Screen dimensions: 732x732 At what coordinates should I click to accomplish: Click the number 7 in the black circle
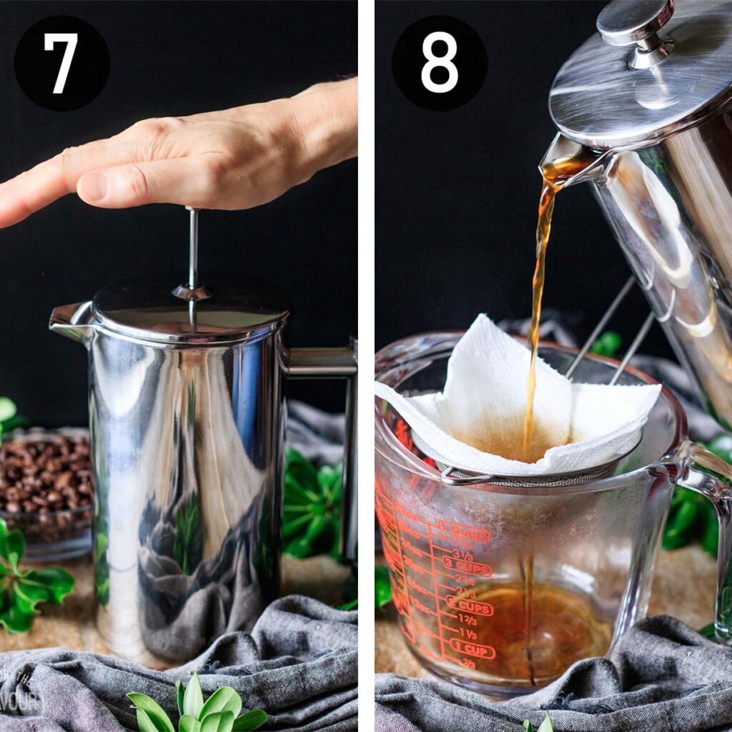click(61, 63)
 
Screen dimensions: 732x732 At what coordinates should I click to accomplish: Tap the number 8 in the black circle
click(439, 63)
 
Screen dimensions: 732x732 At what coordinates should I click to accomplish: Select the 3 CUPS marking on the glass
click(467, 569)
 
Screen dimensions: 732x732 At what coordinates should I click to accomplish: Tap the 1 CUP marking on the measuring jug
click(472, 651)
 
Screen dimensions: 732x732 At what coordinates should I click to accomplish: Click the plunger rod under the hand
click(192, 247)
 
